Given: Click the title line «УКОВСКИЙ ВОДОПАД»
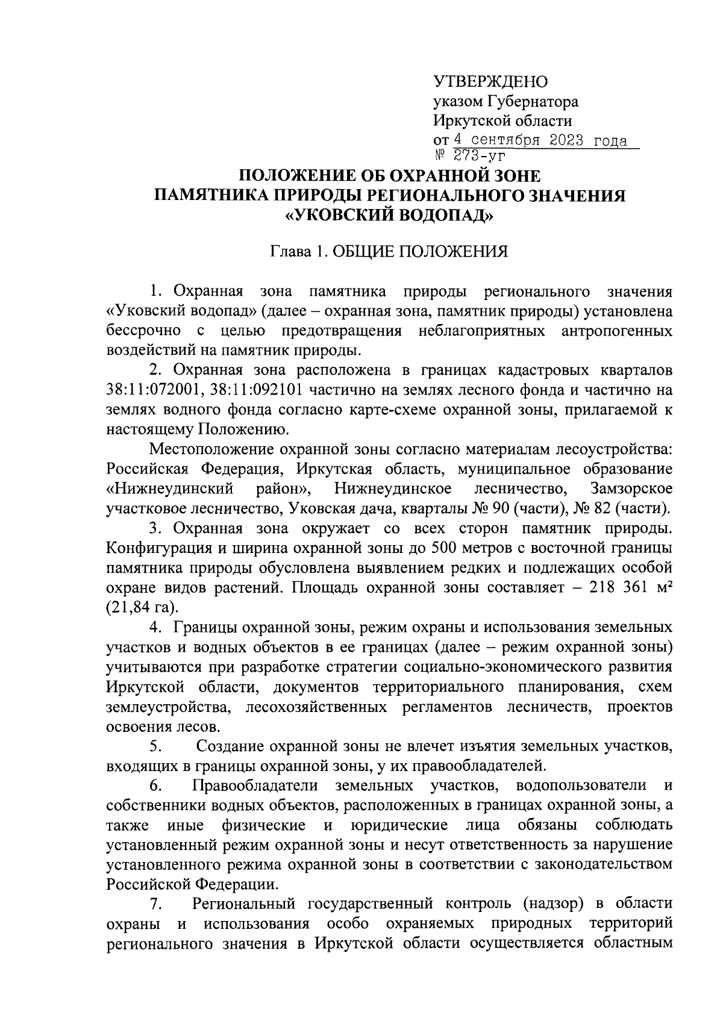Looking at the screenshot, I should click(x=389, y=215).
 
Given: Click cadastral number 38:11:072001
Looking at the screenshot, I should click(x=155, y=390).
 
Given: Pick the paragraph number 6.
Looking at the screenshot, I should click(x=155, y=785).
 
